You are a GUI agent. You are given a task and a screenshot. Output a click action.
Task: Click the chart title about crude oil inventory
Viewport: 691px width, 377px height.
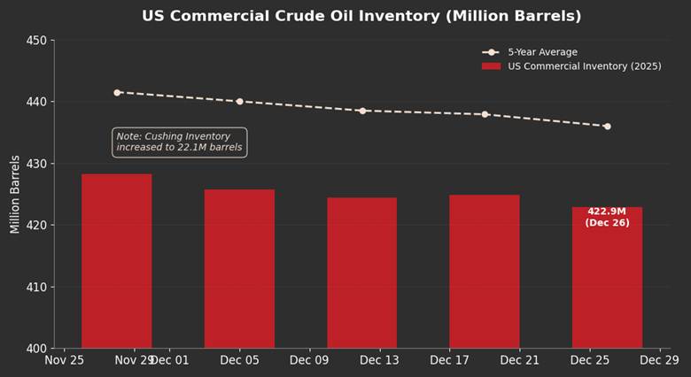[361, 16]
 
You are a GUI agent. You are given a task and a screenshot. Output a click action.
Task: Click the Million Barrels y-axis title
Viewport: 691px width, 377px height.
[15, 194]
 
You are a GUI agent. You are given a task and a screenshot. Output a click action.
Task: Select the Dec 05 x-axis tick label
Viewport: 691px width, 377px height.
[239, 360]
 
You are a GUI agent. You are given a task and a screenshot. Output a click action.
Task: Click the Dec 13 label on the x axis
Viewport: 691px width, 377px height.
[379, 360]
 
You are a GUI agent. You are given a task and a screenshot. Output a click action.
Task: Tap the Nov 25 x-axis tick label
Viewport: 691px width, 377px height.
[65, 360]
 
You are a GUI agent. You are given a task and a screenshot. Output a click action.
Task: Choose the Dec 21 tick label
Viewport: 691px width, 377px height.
[519, 360]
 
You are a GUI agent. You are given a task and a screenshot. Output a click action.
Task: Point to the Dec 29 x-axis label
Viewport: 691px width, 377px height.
[659, 360]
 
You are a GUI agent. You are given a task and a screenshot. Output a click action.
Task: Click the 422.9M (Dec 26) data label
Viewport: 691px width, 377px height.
[607, 217]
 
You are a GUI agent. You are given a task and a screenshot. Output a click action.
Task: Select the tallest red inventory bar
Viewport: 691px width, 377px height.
[117, 261]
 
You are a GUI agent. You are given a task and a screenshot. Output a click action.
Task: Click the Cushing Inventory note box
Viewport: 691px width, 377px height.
[179, 142]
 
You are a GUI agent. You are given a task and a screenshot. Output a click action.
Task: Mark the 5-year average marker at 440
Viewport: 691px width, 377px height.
[239, 102]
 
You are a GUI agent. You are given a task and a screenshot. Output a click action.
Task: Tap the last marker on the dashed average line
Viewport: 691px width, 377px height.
[607, 127]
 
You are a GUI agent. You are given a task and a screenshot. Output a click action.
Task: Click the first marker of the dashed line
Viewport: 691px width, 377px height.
[117, 92]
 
